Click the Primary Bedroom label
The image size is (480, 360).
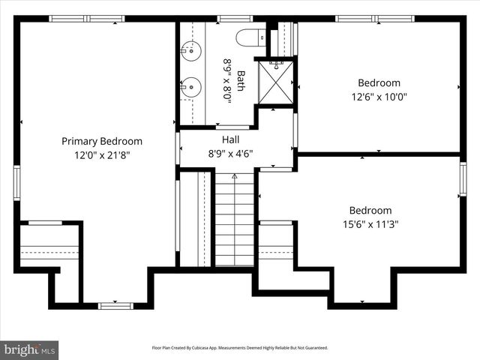click(101, 141)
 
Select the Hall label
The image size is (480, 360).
click(230, 139)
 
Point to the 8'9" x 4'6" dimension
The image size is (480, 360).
click(230, 154)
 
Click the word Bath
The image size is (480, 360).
click(241, 80)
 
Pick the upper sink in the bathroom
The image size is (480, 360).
click(192, 51)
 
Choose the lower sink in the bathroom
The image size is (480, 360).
click(192, 87)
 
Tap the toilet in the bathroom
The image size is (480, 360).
click(249, 37)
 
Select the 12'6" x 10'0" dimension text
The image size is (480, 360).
click(379, 97)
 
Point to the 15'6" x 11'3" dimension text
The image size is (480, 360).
click(370, 224)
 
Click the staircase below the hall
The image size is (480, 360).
click(234, 221)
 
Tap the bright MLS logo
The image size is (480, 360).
click(30, 349)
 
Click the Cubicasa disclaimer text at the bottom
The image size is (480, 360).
click(240, 348)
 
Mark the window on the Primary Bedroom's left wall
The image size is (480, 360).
click(16, 183)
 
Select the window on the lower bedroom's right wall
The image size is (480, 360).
click(463, 180)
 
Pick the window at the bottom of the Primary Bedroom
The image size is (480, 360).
click(115, 305)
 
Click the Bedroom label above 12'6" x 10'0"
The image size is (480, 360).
click(379, 82)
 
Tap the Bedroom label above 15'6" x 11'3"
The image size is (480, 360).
click(370, 211)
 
